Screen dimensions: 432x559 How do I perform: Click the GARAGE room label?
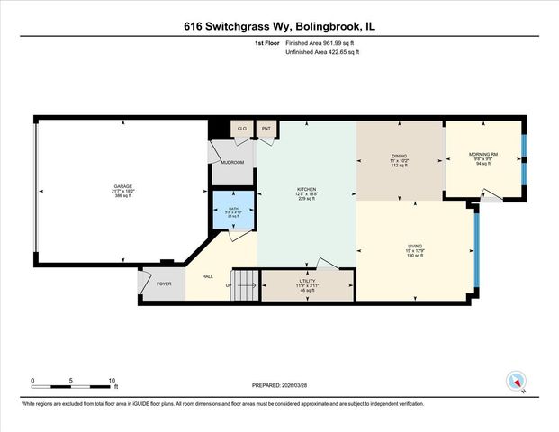tap(122, 186)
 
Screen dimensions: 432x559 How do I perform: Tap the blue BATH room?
tap(233, 213)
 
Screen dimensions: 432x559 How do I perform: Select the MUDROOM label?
tap(233, 163)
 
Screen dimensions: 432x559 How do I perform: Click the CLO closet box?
tap(241, 130)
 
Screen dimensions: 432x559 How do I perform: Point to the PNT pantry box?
tap(266, 130)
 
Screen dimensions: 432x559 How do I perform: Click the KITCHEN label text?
tap(307, 189)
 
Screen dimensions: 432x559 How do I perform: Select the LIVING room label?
tap(415, 247)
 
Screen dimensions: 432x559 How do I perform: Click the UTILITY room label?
tap(306, 282)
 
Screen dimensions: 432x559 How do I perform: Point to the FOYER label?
tap(164, 284)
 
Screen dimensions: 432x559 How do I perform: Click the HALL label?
tap(207, 277)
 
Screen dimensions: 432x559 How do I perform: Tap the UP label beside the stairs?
tap(229, 286)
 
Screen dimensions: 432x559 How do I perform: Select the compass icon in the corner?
tap(514, 380)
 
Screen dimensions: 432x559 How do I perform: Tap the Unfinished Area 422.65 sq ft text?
tap(321, 53)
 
